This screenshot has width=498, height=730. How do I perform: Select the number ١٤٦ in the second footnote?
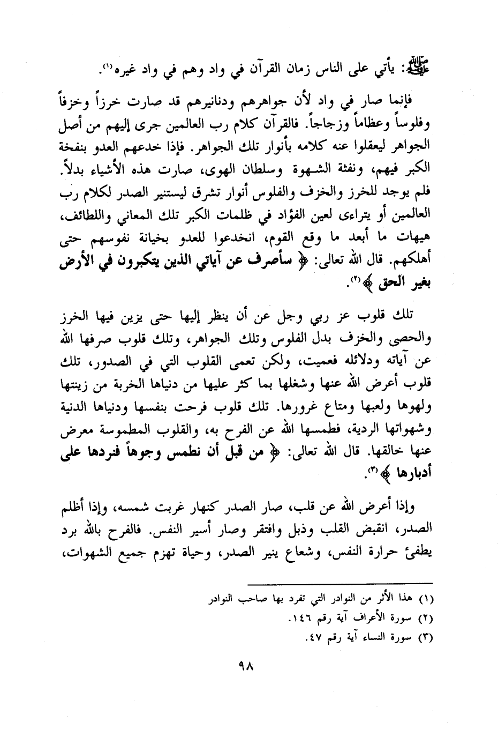[303, 618]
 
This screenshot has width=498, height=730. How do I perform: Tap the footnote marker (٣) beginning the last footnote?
[426, 638]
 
